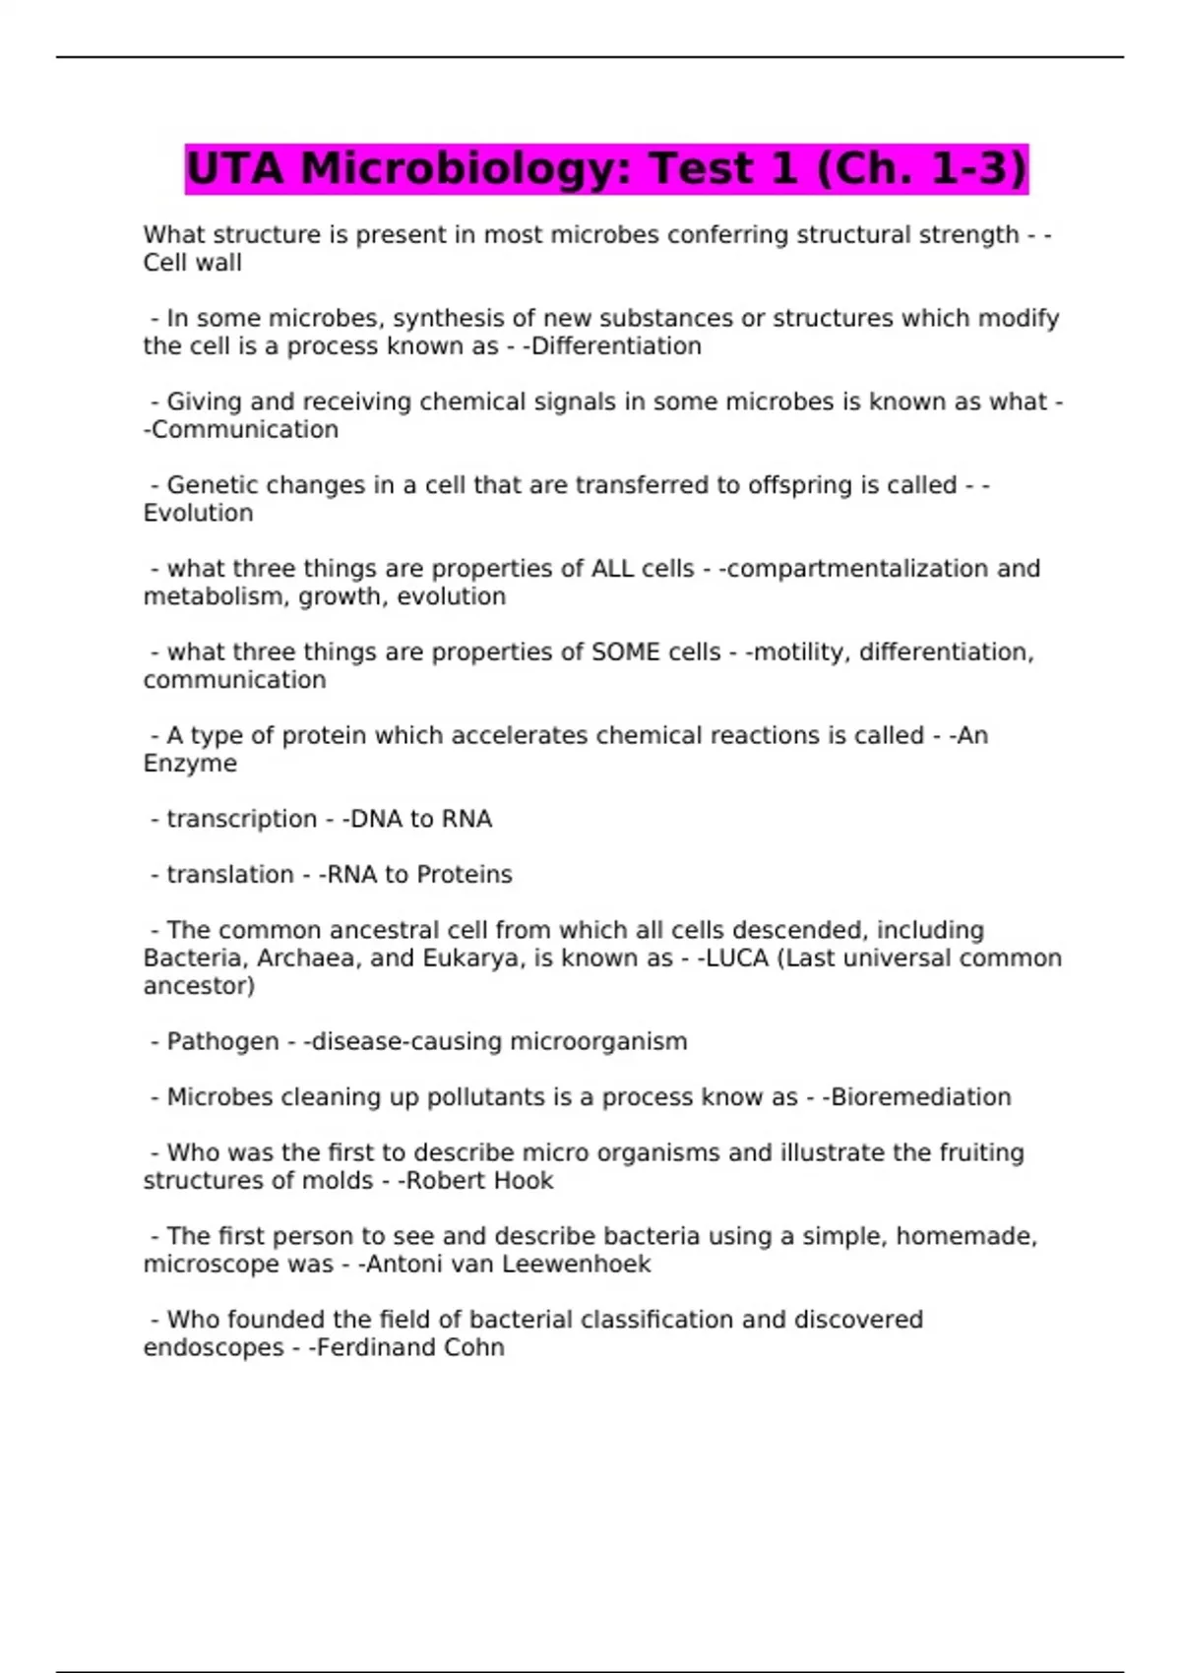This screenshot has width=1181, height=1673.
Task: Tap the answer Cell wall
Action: [x=192, y=263]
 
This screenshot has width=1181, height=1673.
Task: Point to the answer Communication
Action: [x=245, y=430]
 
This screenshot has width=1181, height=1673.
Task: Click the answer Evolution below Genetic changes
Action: [x=198, y=514]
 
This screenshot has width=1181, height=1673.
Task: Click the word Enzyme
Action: [x=190, y=764]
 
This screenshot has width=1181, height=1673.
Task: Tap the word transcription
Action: [x=241, y=819]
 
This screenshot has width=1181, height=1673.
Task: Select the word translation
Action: [x=229, y=875]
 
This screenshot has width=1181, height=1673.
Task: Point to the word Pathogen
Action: [x=222, y=1041]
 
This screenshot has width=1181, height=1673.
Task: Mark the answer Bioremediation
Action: [x=921, y=1097]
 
